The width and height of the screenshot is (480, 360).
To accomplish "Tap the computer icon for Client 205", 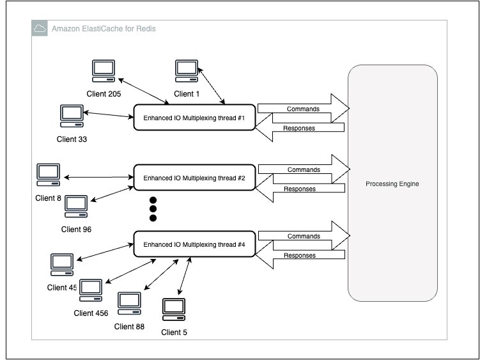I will click(x=104, y=71).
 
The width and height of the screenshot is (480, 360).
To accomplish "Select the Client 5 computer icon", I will click(x=173, y=309).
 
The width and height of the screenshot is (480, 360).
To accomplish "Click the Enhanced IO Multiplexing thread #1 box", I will click(x=194, y=118).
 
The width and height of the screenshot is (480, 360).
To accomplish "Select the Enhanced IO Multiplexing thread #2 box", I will click(x=194, y=178).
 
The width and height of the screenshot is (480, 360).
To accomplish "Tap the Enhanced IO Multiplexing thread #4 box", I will click(x=194, y=244).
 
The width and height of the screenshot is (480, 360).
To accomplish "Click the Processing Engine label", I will click(x=392, y=184).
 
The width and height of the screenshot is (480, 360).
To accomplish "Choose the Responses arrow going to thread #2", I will click(x=299, y=189).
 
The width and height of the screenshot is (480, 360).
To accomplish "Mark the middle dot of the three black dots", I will click(x=153, y=208).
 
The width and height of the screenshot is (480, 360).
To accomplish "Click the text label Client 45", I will click(x=62, y=287).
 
